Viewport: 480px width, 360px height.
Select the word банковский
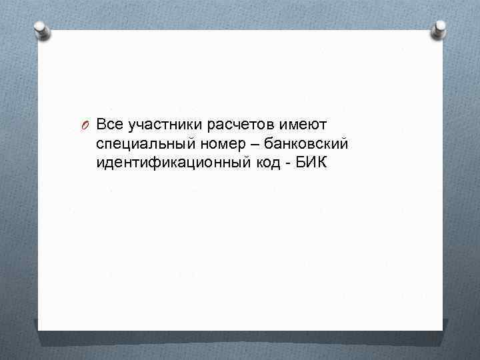pos(306,144)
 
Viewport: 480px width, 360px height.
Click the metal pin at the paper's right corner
pos(440,27)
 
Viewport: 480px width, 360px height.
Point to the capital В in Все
pos(101,125)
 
